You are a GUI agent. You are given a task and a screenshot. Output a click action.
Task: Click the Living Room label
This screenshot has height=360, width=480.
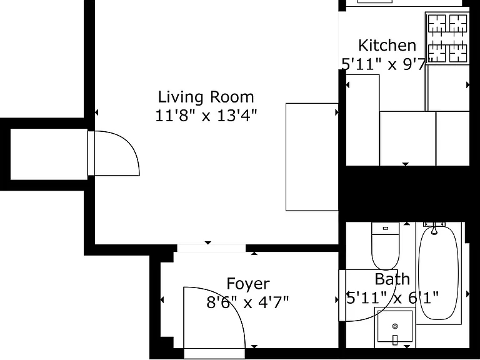tap(206, 97)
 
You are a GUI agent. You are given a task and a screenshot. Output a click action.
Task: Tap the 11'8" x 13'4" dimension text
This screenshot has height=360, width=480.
tap(206, 116)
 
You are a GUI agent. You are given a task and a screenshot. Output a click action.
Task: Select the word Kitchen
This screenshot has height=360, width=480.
tap(387, 45)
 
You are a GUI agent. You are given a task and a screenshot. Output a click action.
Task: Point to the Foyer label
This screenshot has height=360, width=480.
tap(248, 284)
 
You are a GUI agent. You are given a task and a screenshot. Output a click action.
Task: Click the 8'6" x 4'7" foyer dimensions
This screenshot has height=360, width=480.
tap(247, 302)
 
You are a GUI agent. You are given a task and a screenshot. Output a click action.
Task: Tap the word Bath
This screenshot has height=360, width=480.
tap(392, 279)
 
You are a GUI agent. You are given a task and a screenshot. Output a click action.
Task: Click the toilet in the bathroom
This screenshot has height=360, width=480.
tap(386, 246)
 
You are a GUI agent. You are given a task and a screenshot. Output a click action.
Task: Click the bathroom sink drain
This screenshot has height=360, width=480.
tap(395, 326)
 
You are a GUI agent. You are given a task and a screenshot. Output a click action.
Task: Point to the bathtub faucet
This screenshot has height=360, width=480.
tap(434, 228)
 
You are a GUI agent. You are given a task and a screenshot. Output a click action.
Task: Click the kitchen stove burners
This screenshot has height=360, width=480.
tap(447, 38)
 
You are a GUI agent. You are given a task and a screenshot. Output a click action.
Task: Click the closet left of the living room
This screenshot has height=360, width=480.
tap(49, 154)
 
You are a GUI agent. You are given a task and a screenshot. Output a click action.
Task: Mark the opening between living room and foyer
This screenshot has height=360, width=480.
tap(211, 248)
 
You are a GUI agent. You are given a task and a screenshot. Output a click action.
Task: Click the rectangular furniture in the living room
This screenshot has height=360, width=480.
tap(312, 157)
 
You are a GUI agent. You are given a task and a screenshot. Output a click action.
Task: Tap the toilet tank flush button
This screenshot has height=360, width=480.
tap(386, 228)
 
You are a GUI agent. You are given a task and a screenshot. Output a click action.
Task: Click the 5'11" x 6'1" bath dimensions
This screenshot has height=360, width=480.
tap(392, 297)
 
